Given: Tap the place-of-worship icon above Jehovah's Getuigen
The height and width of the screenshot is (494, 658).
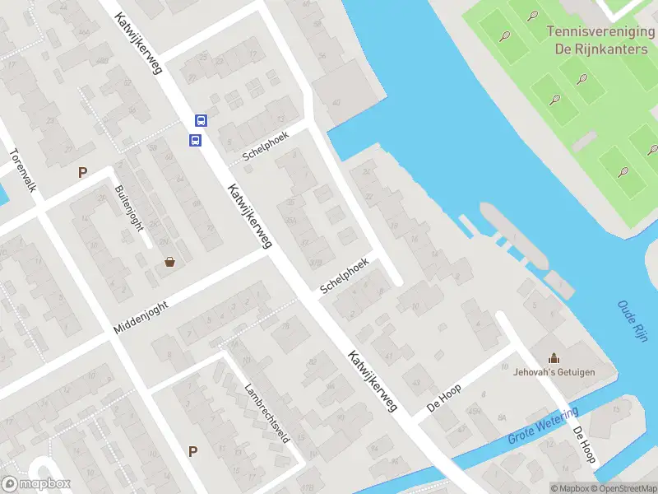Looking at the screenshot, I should tap(554, 357).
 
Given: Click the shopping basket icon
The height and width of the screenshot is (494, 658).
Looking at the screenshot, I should tap(170, 262).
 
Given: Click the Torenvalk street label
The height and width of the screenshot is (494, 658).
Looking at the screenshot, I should tap(23, 170).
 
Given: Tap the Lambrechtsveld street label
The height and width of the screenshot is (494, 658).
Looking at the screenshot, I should tap(267, 413).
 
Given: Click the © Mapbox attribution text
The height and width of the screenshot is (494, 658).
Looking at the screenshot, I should tap(569, 488).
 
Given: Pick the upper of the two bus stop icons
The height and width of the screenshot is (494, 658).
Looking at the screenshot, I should tap(201, 120).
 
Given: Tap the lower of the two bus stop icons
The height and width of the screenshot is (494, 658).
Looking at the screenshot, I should tap(196, 140).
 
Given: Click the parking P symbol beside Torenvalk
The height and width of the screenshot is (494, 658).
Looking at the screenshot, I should tap(81, 172).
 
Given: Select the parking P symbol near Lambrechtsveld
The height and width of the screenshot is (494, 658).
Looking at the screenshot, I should tap(192, 450).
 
